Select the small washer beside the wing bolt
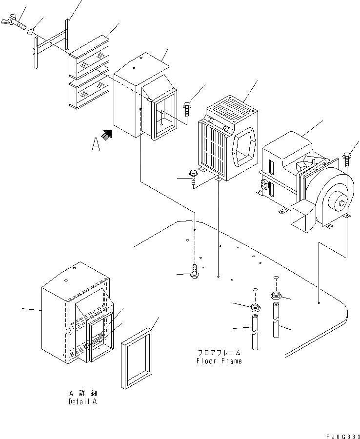click(x=30, y=31)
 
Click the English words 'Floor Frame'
click(x=219, y=361)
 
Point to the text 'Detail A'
click(x=83, y=401)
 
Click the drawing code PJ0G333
click(x=342, y=437)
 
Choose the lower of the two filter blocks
click(x=89, y=88)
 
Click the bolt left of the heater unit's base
click(x=193, y=177)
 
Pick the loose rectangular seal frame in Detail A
click(x=137, y=359)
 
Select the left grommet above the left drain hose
click(x=255, y=307)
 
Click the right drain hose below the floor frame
click(x=276, y=320)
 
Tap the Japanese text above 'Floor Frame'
click(x=219, y=353)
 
